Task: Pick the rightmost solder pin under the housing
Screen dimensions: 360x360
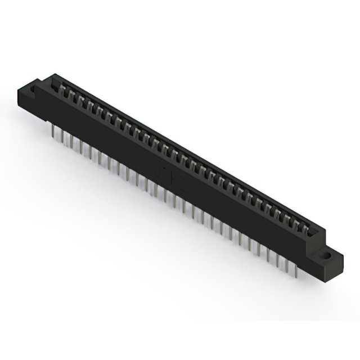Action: click(295, 269)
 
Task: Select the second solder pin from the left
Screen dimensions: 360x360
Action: click(61, 136)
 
